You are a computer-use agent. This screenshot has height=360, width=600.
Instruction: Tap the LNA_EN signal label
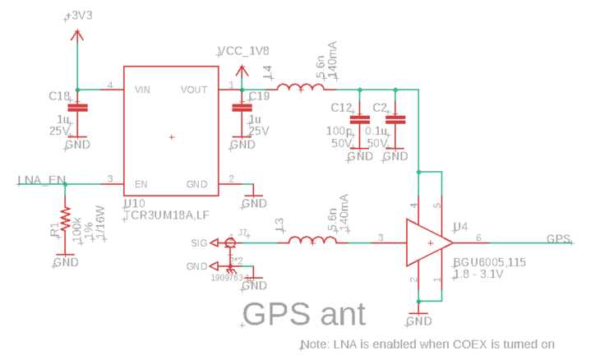click(x=40, y=180)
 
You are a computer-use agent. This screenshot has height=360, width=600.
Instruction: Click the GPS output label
click(x=559, y=239)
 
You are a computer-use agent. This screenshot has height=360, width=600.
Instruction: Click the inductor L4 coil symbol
click(x=300, y=89)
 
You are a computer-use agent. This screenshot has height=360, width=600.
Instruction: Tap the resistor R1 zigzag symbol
click(x=66, y=224)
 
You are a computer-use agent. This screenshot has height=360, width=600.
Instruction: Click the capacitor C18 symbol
click(x=77, y=108)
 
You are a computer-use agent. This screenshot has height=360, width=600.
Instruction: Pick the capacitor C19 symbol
click(x=241, y=108)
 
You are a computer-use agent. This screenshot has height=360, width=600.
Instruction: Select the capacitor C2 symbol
click(x=396, y=119)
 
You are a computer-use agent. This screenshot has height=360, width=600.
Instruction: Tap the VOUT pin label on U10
click(x=194, y=89)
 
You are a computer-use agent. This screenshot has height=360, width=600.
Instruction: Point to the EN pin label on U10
click(x=141, y=184)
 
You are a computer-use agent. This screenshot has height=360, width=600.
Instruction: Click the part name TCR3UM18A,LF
click(x=166, y=215)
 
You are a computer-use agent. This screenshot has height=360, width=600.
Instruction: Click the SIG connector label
click(x=199, y=243)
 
